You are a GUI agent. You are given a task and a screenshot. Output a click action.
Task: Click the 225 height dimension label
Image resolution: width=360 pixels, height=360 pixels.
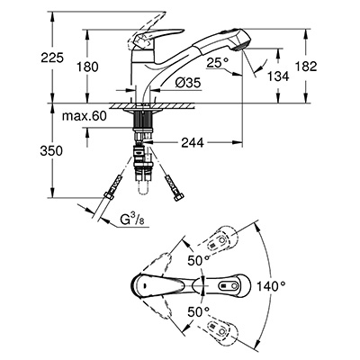tap(52, 58)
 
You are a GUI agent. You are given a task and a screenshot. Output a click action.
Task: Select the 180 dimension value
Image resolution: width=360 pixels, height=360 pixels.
tap(87, 67)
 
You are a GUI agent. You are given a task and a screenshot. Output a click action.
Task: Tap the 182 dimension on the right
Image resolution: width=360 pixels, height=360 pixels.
tap(306, 66)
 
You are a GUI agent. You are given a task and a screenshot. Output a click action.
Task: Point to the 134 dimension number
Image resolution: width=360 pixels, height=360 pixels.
tap(278, 76)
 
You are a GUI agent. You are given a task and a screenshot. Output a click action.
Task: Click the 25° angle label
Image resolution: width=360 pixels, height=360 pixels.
tap(218, 63)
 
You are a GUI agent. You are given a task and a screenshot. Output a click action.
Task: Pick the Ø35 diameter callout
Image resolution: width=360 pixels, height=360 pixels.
tap(189, 83)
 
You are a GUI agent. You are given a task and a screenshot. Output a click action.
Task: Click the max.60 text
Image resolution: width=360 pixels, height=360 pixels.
tap(85, 116)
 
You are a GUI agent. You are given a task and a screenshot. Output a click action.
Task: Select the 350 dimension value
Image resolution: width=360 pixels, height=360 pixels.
tap(51, 150)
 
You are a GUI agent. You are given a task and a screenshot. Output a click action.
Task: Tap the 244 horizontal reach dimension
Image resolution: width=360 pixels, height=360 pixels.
tap(193, 143)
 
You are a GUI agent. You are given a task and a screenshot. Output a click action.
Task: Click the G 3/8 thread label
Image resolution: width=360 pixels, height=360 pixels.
tap(132, 220)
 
